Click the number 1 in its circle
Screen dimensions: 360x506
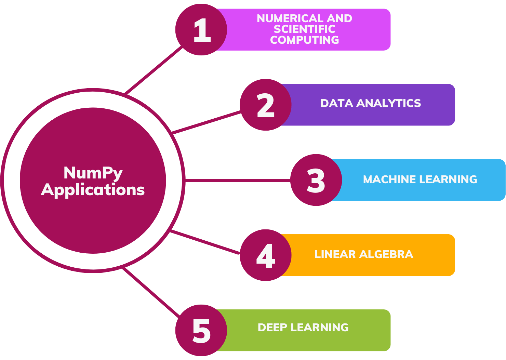(202, 30)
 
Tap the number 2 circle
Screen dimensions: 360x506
(266, 105)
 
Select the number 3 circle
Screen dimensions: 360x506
(316, 180)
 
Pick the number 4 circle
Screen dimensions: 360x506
(266, 255)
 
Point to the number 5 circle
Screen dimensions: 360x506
(201, 331)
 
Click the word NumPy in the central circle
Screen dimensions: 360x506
(93, 173)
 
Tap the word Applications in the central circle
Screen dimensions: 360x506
(93, 190)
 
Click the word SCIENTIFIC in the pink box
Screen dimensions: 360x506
(304, 29)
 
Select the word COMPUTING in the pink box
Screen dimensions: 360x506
(304, 40)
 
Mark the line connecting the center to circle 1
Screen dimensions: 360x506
(154, 70)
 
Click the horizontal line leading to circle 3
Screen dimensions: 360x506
(238, 180)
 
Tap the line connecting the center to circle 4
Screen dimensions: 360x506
(205, 242)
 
